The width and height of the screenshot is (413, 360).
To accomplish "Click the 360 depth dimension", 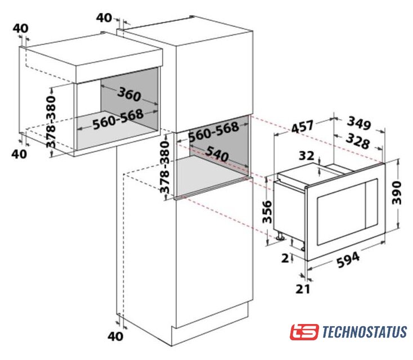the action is coord(129,94).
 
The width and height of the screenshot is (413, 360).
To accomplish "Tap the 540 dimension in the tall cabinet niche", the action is coord(217,154).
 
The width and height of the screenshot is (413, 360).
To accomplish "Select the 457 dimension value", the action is coord(302,127).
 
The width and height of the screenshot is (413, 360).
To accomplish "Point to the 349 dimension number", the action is coord(360,123).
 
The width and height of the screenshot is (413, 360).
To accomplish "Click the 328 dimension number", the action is coord(358,141).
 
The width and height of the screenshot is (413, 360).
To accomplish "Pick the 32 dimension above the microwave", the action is coord(306,156).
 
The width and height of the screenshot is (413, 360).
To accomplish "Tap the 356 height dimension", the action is coord(267,211).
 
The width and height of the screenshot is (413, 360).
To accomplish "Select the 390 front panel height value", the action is coord(397,193).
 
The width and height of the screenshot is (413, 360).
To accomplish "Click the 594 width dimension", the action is coord(348,260).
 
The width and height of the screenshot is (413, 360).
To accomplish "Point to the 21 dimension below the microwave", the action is coord(303,289).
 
